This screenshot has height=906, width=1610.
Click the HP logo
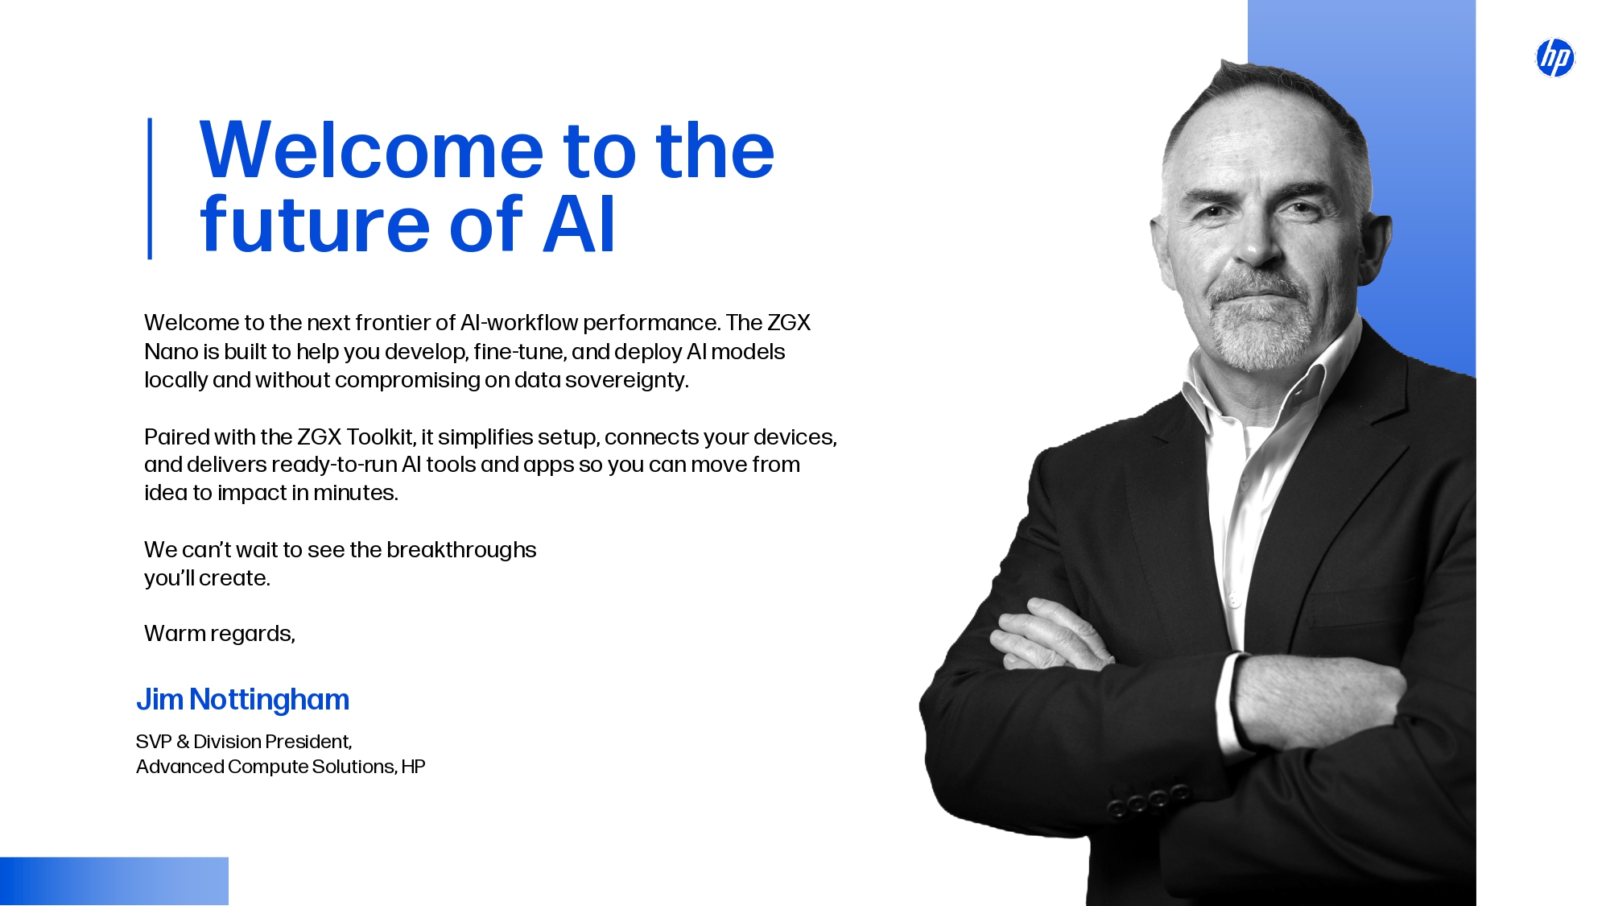coord(1555,58)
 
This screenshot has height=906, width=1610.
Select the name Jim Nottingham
coord(242,700)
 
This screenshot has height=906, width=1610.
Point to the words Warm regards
coord(220,634)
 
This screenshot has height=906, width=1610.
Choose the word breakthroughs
coord(461,550)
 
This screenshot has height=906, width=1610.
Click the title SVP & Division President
coord(244,742)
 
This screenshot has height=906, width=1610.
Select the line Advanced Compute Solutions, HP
coord(280,767)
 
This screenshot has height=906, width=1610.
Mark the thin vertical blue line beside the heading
coord(150,188)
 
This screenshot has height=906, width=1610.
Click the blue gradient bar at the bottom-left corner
coord(114,881)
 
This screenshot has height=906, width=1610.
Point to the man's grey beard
coord(1260,326)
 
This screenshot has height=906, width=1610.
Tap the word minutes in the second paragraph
coord(356,493)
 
